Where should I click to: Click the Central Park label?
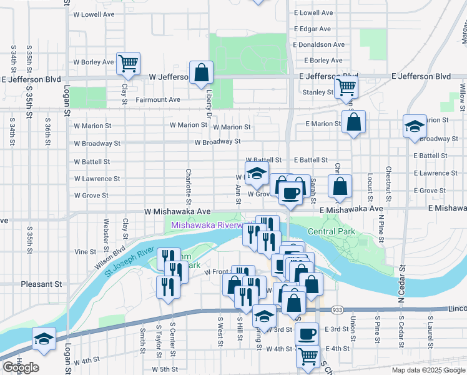click(331, 232)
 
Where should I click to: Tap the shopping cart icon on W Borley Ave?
click(128, 62)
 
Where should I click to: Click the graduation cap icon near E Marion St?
click(415, 127)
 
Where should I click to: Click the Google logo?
click(21, 367)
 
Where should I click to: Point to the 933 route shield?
click(338, 310)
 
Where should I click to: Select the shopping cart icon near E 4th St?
click(308, 356)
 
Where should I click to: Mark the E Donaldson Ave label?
click(324, 45)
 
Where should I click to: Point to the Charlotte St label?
click(188, 186)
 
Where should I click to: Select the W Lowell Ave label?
click(94, 13)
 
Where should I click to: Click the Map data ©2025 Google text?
click(428, 370)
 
